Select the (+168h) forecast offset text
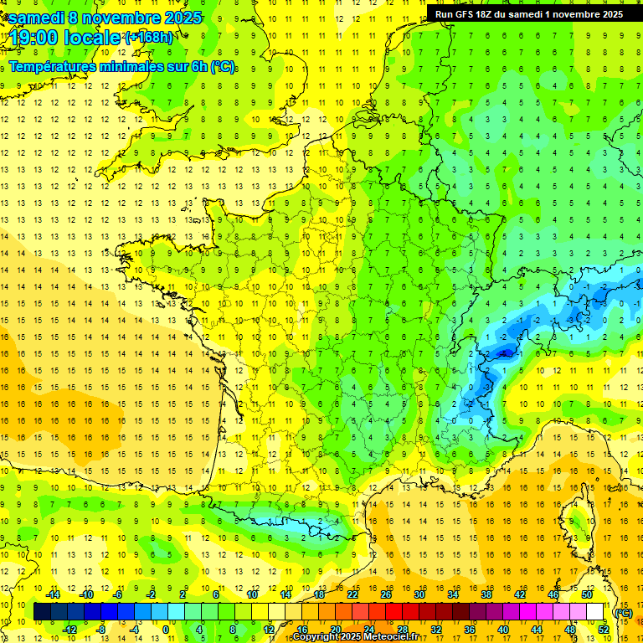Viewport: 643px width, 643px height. (150, 38)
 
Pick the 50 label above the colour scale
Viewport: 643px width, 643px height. (586, 594)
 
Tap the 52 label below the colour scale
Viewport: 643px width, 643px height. (603, 629)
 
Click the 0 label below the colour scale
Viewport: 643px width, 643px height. (166, 629)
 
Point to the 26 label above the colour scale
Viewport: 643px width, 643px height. (386, 594)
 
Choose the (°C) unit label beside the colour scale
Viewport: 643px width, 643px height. (623, 612)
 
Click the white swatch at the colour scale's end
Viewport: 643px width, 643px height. (595, 612)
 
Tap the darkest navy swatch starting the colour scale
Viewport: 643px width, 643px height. (42, 612)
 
